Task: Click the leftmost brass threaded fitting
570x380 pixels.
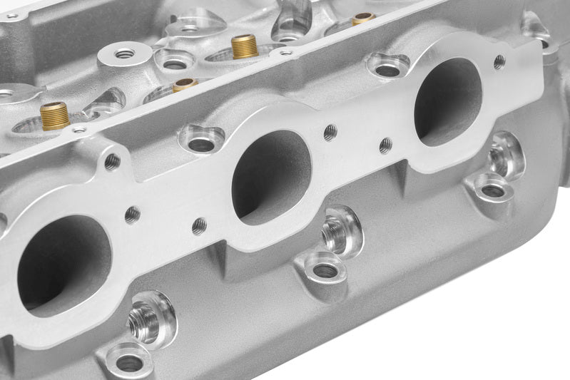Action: (55, 115)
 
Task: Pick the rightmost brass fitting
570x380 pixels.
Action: (362, 18)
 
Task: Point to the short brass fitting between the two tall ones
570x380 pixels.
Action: (184, 85)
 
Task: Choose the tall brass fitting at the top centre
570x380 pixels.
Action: (245, 46)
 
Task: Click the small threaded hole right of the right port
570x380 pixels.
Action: (499, 62)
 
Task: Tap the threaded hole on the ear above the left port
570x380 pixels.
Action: (112, 162)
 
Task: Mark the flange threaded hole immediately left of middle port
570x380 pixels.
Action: (200, 226)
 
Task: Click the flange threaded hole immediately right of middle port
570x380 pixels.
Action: (330, 132)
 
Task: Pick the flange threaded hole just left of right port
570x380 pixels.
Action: (386, 145)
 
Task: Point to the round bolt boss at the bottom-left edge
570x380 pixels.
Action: (129, 362)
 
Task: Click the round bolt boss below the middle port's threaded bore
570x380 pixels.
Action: (325, 270)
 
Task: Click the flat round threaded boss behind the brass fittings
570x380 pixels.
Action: (124, 53)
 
